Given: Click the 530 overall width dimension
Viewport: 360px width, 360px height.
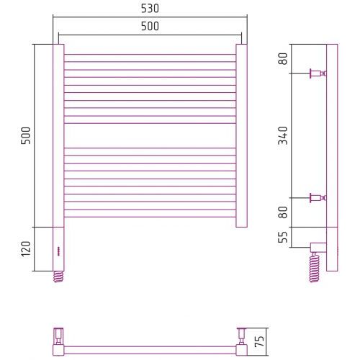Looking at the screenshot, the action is click(150, 9).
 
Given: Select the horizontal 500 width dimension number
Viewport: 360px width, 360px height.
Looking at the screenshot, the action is click(150, 26).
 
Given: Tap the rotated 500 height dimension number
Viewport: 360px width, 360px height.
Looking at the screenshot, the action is click(26, 135).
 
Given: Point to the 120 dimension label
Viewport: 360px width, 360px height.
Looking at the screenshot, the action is click(26, 249).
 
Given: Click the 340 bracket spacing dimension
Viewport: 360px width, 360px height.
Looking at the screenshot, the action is click(283, 135).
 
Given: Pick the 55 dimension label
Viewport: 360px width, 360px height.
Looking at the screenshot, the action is click(283, 237).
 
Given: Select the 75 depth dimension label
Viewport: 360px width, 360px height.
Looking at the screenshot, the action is click(259, 341).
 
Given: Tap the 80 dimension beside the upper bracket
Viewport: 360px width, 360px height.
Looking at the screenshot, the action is click(283, 59).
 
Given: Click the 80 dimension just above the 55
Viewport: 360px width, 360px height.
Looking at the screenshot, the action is click(283, 212).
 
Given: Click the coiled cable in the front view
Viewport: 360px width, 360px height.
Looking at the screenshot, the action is click(58, 276).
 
